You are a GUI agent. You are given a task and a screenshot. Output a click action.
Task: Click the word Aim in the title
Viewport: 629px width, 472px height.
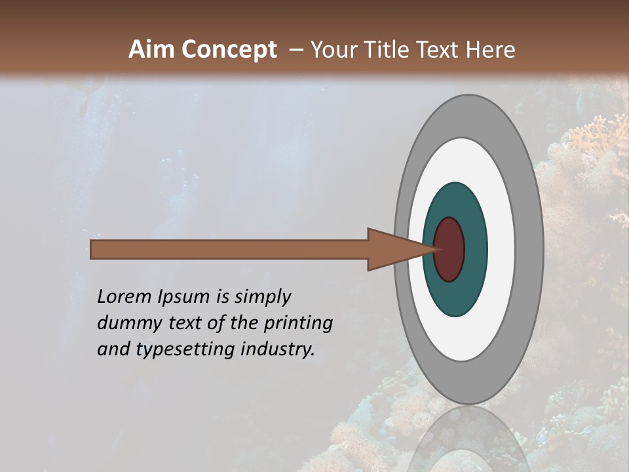[x=152, y=50]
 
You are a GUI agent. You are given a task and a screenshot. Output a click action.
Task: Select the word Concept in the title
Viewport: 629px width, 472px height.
[x=230, y=50]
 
